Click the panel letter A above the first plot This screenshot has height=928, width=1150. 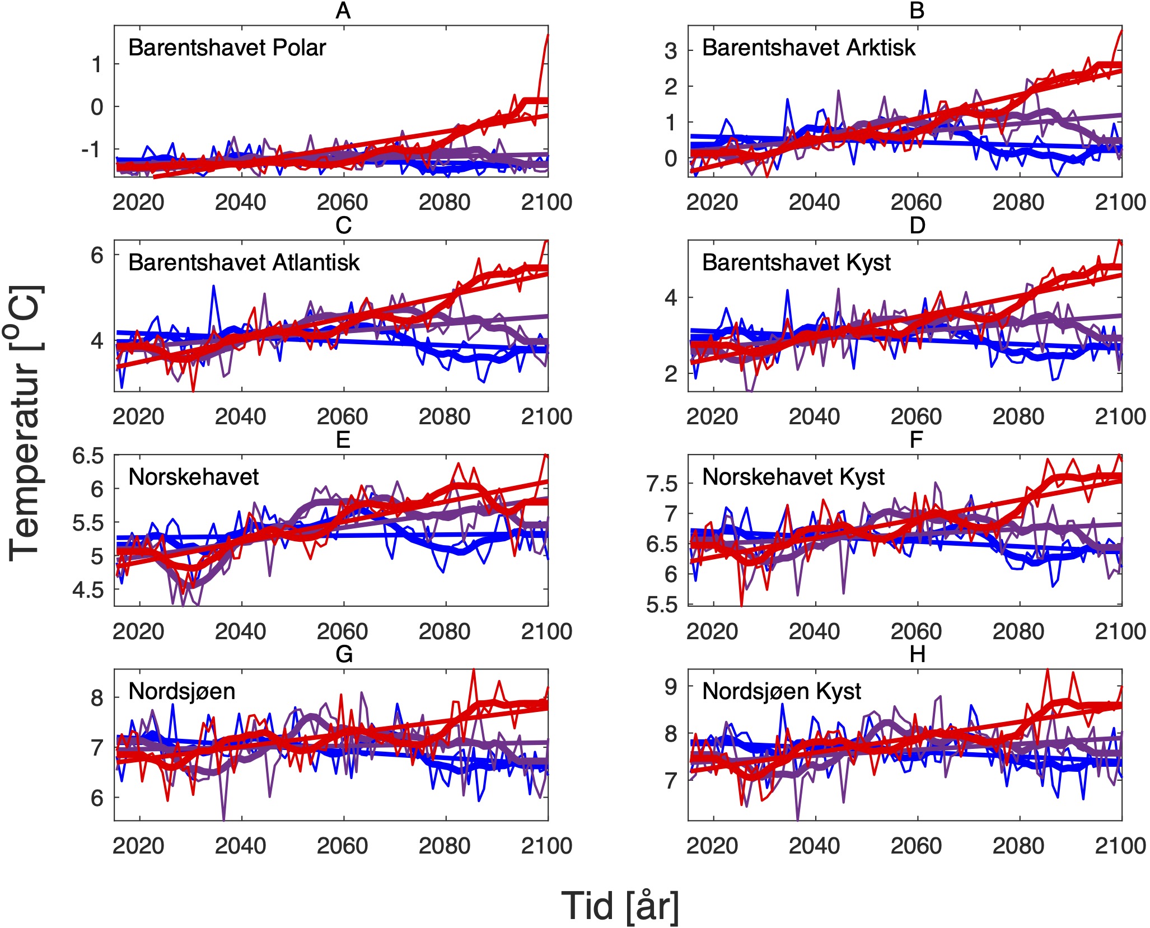point(343,11)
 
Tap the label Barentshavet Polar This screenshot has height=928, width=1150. point(227,48)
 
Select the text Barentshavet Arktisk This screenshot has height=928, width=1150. point(808,48)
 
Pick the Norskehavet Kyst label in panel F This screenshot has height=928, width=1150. point(793,477)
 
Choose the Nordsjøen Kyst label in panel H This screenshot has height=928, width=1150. point(781,692)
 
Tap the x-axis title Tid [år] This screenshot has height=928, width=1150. point(620,906)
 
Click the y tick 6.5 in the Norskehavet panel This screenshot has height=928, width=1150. point(88,456)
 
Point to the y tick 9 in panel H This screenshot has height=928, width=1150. point(670,687)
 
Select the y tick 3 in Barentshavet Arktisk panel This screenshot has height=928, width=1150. point(670,51)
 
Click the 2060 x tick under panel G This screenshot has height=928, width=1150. point(342,846)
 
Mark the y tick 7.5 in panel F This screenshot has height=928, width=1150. point(662,484)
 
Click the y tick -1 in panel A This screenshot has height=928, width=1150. point(92,150)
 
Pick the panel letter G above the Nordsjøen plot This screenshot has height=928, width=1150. point(343,654)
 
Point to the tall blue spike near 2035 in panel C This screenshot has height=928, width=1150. point(213,287)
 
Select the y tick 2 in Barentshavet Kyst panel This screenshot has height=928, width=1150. point(670,374)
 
